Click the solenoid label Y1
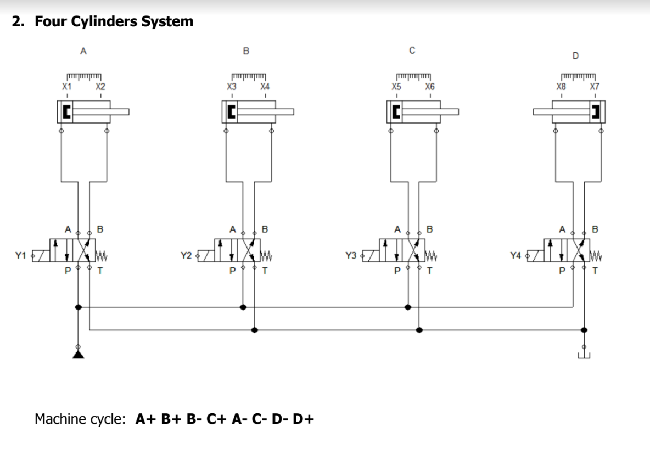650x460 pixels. point(20,255)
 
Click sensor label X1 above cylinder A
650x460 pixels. point(66,87)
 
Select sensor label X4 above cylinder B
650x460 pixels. point(265,87)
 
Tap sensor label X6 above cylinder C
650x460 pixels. point(430,87)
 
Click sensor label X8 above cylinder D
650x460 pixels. point(561,87)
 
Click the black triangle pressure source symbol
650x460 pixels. point(78,355)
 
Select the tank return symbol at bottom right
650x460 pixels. point(584,356)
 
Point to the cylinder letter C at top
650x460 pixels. point(412,51)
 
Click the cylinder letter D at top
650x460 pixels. point(575,55)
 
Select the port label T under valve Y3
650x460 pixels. point(430,270)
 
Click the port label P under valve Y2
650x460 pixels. point(233,270)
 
